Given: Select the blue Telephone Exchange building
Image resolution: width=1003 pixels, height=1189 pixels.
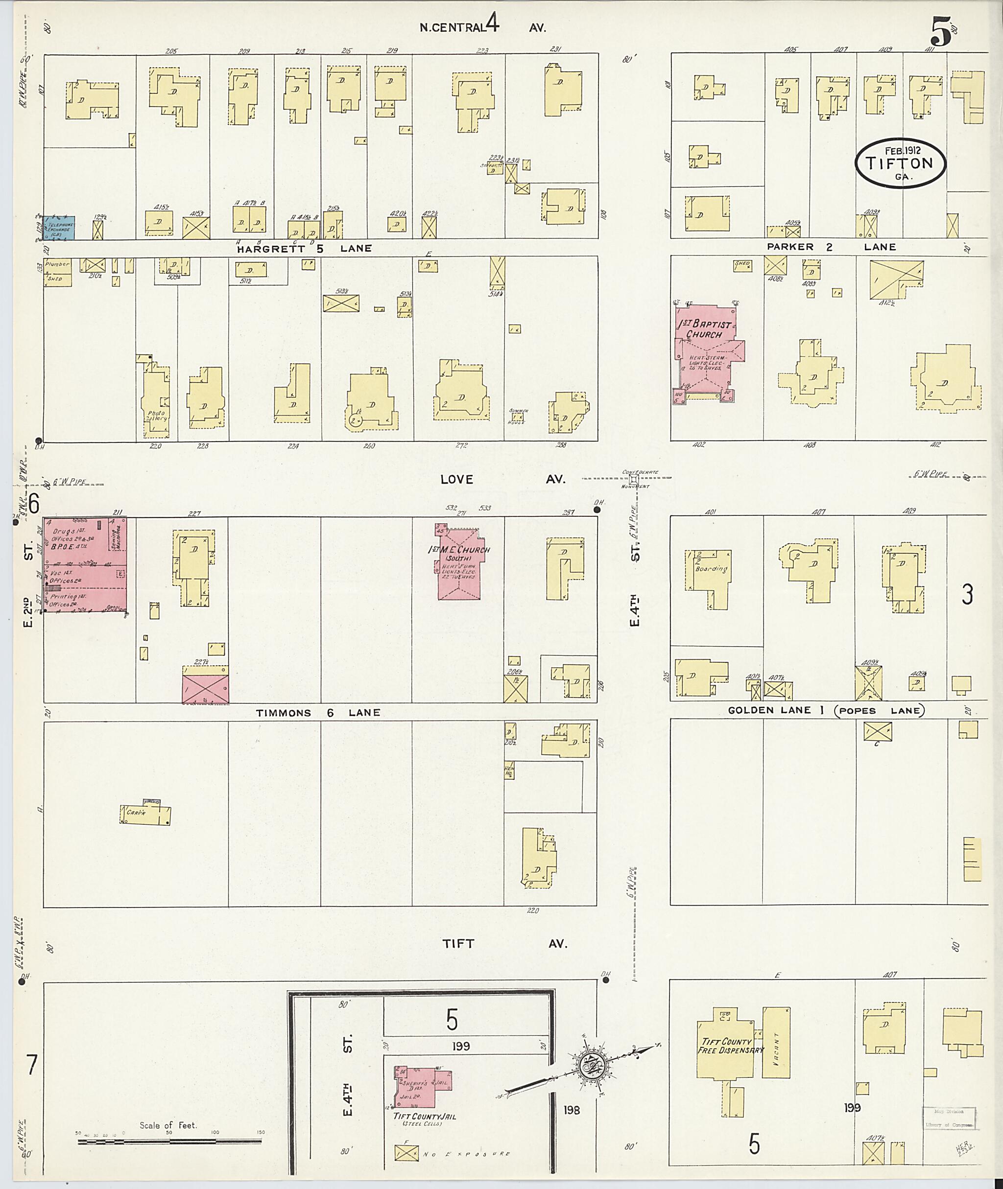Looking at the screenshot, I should (60, 227).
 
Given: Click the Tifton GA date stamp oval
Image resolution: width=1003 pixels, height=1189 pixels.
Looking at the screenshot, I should (901, 163).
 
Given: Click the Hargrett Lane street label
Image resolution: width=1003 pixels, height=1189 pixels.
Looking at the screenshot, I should (304, 248).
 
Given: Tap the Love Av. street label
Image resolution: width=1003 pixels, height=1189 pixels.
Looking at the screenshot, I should (503, 479).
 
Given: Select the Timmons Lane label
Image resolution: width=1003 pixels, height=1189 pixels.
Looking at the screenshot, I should (317, 713).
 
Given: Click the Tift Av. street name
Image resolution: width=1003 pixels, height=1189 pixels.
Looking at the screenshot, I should (504, 943).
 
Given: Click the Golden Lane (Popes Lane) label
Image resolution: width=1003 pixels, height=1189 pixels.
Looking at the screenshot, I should (827, 710).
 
